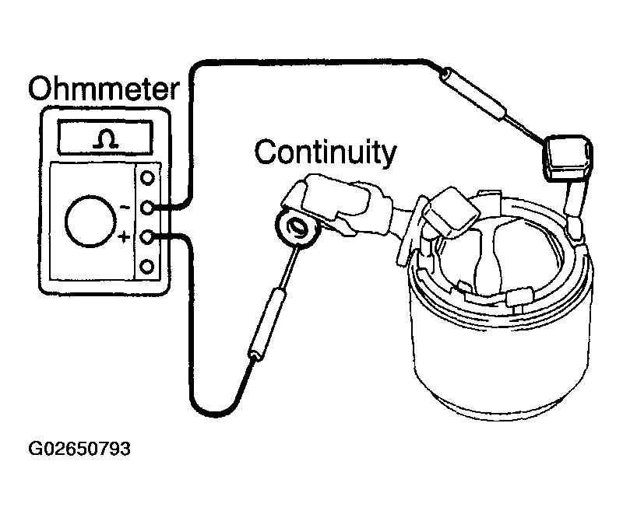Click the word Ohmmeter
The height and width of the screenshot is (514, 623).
click(104, 89)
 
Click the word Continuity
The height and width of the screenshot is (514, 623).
click(326, 152)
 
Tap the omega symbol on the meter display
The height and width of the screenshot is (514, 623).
click(105, 139)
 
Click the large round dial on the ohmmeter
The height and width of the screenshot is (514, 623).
click(91, 222)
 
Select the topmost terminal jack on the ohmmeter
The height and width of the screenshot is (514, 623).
click(147, 178)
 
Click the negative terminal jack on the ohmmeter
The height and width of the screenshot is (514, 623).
click(147, 207)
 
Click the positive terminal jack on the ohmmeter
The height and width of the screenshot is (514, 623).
click(147, 236)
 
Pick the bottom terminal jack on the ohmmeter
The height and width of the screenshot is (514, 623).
click(147, 267)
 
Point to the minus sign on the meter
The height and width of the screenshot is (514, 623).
click(125, 207)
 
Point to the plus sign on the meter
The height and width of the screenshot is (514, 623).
click(125, 237)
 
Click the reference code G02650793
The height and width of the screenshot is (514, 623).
click(79, 449)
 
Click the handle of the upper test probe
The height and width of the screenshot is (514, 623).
click(473, 93)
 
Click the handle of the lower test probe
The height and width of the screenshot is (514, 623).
click(267, 324)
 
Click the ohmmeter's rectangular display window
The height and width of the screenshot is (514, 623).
click(105, 137)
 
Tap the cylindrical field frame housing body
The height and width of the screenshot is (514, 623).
click(502, 349)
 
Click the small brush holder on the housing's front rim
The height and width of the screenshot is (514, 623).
click(519, 297)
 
